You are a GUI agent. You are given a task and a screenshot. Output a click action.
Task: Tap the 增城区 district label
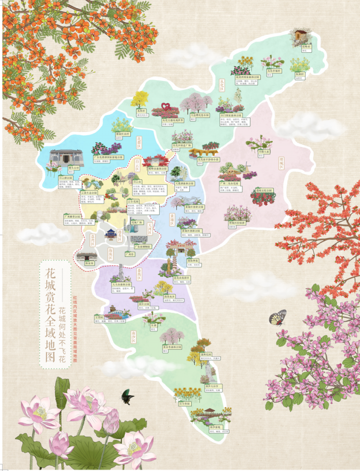[281, 162]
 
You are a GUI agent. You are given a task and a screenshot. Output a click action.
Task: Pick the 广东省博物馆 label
[141, 246]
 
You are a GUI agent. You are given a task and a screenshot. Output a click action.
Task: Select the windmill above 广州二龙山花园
[243, 168]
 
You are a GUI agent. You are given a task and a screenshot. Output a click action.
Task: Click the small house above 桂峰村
[299, 35]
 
